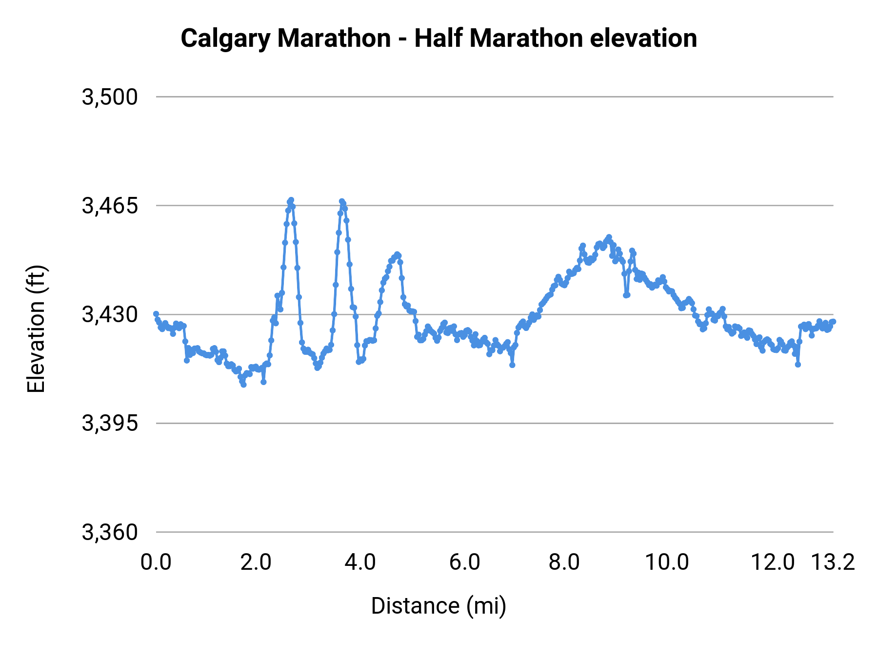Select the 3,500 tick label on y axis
(x=110, y=97)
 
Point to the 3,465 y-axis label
(x=110, y=206)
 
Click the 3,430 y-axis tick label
(x=110, y=315)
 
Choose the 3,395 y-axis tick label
(x=110, y=424)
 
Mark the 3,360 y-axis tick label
(x=110, y=532)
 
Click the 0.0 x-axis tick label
(x=156, y=562)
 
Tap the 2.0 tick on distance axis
(x=256, y=562)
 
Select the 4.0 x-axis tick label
(x=360, y=562)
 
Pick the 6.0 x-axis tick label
(x=464, y=562)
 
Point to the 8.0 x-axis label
(x=564, y=562)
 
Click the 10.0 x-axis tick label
(x=667, y=562)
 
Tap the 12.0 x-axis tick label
(x=773, y=562)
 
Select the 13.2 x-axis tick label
(x=833, y=562)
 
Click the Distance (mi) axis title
(x=439, y=606)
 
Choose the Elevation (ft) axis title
(x=36, y=329)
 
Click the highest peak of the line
(x=291, y=200)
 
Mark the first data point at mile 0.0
(x=156, y=314)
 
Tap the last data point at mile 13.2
(x=833, y=321)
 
